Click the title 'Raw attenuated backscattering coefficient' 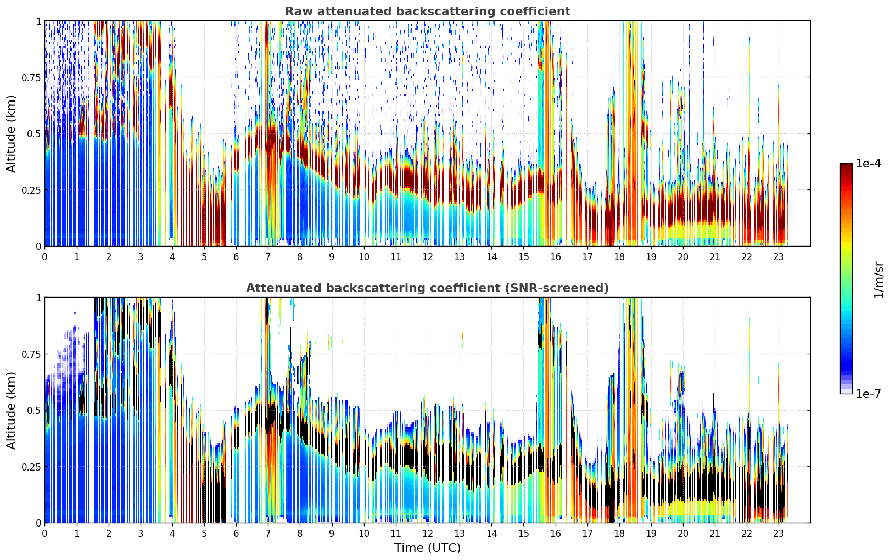(428, 12)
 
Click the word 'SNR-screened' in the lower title (553, 288)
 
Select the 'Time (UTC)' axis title (428, 548)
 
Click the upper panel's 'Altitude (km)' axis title (11, 133)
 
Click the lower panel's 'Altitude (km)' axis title (11, 410)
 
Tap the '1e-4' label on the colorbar (868, 163)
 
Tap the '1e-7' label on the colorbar (868, 394)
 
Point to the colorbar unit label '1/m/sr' (878, 279)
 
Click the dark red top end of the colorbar (846, 165)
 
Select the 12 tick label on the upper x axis (428, 257)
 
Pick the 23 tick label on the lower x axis (779, 534)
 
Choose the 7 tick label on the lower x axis (268, 534)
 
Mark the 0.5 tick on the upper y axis (33, 134)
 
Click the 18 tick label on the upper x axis (619, 257)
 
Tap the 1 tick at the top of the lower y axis (39, 298)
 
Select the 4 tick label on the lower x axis (172, 534)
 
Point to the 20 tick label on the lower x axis (683, 534)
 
